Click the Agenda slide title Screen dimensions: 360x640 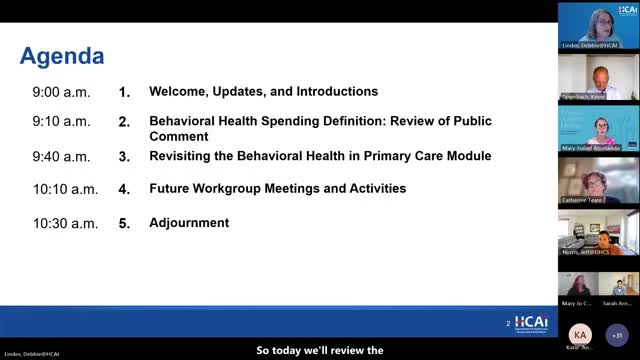62,54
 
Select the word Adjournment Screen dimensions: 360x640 189,223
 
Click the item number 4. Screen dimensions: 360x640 125,188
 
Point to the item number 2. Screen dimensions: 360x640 125,122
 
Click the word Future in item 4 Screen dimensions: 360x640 171,188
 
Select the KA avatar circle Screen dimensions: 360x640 580,334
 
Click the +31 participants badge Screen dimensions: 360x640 617,334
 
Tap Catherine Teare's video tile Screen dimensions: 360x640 598,181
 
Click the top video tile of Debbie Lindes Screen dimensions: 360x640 598,25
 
